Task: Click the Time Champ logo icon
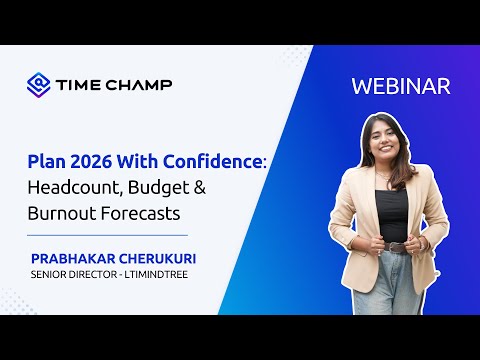click(39, 85)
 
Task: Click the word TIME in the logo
click(80, 85)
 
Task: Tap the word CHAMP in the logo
click(139, 85)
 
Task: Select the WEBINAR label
click(401, 86)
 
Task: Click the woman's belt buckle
click(396, 247)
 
